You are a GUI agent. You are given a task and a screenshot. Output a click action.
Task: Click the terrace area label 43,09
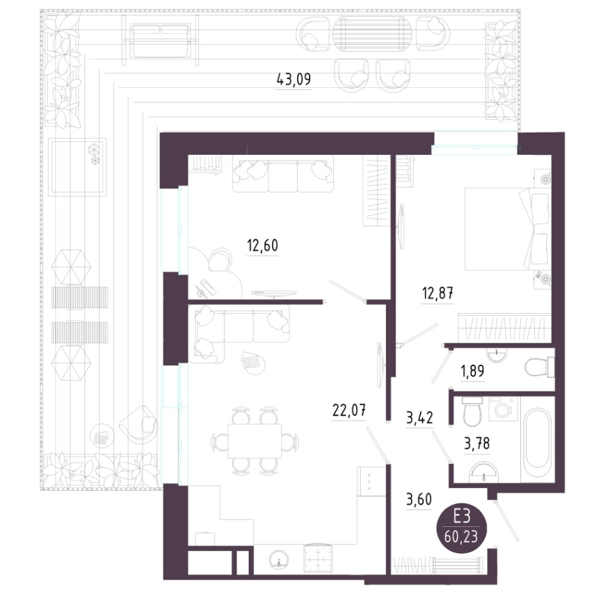[x=294, y=80]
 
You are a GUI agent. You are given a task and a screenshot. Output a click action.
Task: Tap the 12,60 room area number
[x=263, y=245]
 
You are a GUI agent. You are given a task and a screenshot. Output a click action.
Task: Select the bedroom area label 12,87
[x=438, y=294]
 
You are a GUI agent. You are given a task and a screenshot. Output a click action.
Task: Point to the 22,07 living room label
[x=349, y=411]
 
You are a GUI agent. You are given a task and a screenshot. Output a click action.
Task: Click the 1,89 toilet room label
[x=473, y=371]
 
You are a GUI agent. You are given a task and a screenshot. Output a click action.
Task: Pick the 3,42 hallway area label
[x=420, y=418]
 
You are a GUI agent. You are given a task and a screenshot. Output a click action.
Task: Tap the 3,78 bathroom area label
[x=477, y=444]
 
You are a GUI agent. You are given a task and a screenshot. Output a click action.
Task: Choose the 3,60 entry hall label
[x=419, y=499]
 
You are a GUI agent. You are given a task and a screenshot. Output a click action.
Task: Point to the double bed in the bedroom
[x=508, y=229]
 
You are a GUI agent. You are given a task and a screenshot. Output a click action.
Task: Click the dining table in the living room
[x=255, y=440]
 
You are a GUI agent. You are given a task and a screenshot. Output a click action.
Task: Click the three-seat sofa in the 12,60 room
[x=283, y=174]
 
